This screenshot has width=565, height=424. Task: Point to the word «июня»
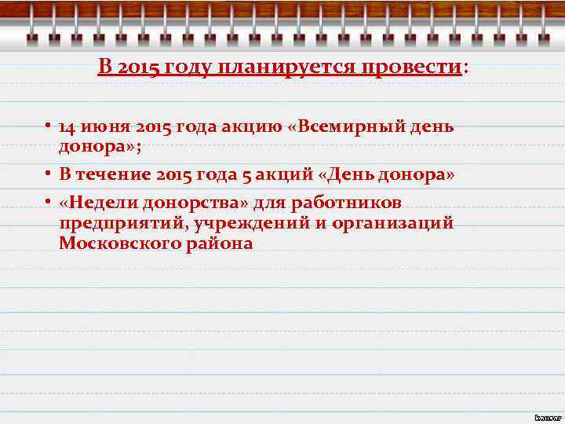pyautogui.click(x=105, y=127)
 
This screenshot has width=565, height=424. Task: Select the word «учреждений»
pyautogui.click(x=250, y=224)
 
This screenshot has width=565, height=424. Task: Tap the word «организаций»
pyautogui.click(x=393, y=224)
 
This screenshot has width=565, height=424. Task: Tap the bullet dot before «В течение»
pyautogui.click(x=48, y=174)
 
